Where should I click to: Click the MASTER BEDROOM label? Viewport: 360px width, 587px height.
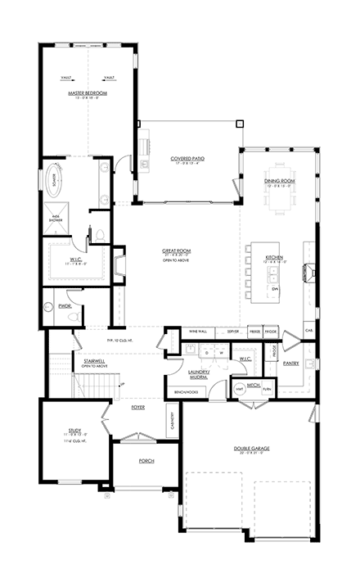[88, 94]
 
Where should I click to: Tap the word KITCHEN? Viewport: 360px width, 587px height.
[274, 257]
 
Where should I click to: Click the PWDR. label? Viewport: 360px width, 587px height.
[56, 306]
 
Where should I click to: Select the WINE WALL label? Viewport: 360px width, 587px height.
[199, 331]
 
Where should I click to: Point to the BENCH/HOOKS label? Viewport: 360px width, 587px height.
[187, 392]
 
